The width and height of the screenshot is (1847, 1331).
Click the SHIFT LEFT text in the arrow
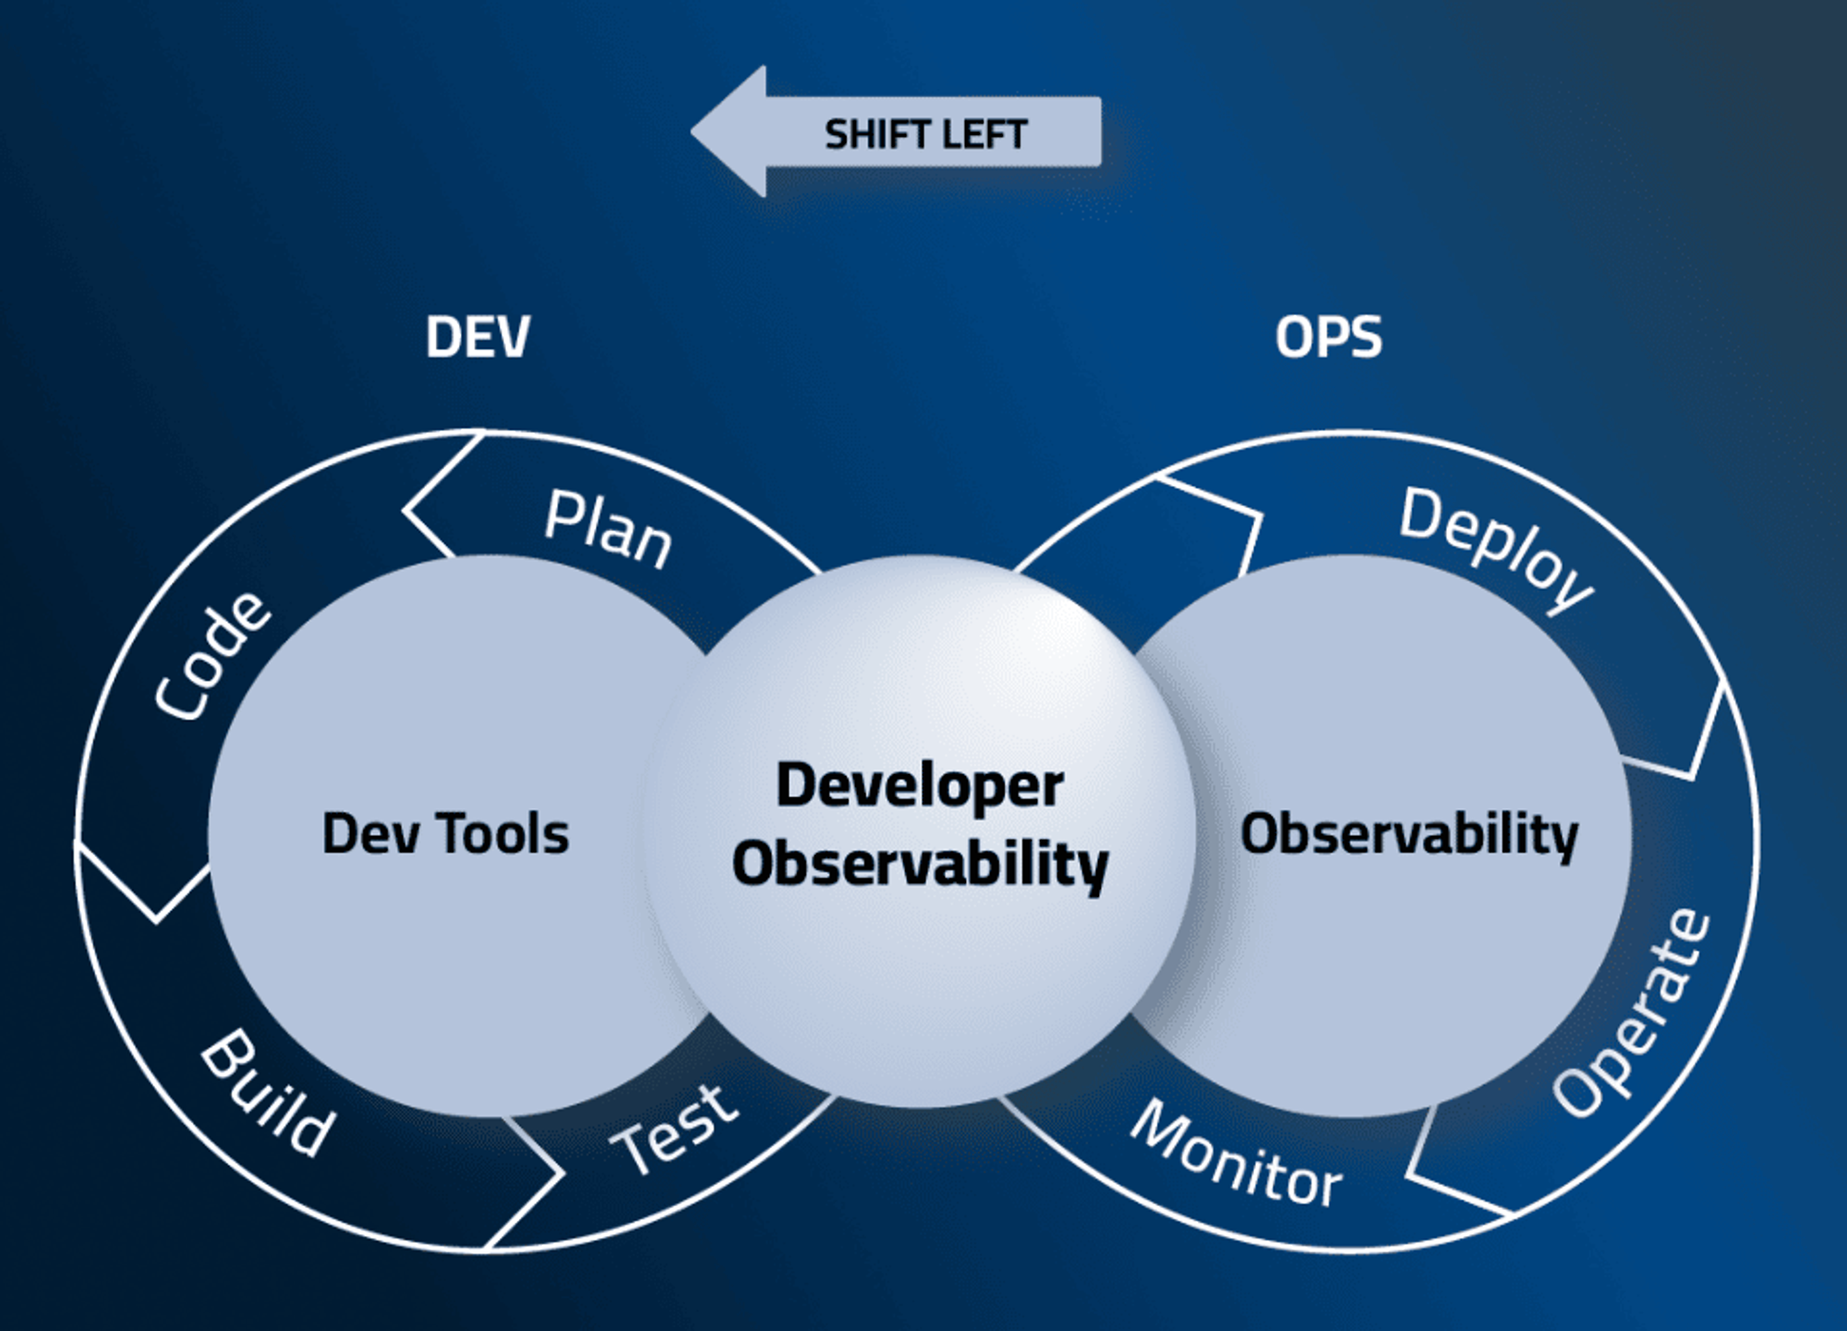(x=925, y=135)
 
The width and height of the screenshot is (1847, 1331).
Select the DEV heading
(x=477, y=336)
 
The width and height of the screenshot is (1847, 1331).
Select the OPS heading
(x=1328, y=336)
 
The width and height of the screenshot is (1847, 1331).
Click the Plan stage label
(x=608, y=530)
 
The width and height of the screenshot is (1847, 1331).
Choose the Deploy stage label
(x=1497, y=549)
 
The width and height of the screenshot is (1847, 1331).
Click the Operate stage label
(x=1632, y=1012)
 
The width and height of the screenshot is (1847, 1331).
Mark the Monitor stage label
(x=1237, y=1154)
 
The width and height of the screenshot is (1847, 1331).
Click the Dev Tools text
(x=445, y=833)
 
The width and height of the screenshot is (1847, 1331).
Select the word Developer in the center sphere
(x=920, y=787)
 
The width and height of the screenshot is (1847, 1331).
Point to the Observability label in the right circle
(x=1409, y=835)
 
